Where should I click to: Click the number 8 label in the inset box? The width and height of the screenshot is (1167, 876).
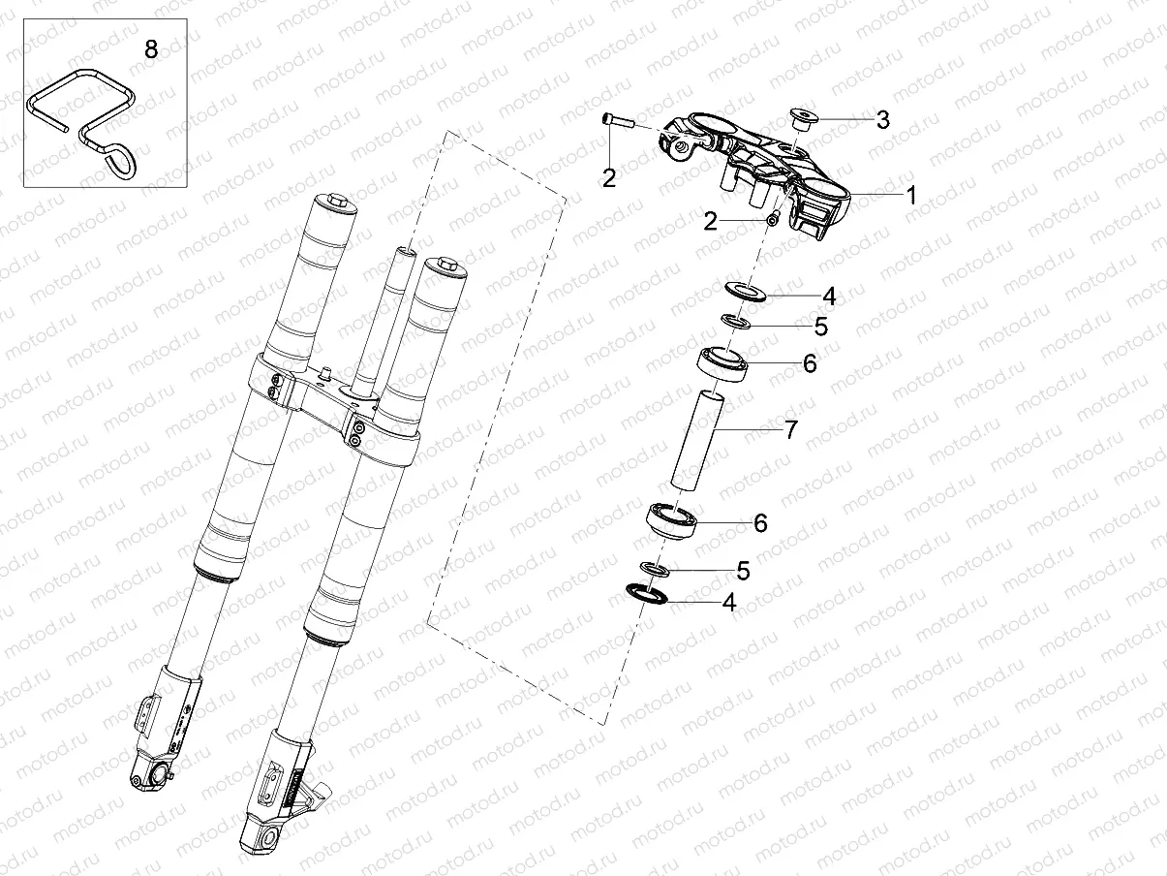tap(150, 49)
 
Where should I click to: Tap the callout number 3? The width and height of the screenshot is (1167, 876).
tap(882, 120)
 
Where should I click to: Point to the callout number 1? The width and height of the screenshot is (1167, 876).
tap(910, 195)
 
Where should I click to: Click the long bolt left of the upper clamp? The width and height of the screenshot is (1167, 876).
tap(617, 122)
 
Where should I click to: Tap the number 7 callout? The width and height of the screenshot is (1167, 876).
tap(790, 429)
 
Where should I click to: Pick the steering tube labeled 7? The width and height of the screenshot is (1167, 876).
tap(695, 437)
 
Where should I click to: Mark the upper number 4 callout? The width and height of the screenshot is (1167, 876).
tap(829, 295)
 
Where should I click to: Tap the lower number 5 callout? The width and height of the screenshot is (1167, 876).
tap(743, 571)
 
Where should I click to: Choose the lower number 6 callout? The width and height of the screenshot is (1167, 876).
tap(760, 523)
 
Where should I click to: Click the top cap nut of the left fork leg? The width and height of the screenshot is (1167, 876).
tap(338, 202)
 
